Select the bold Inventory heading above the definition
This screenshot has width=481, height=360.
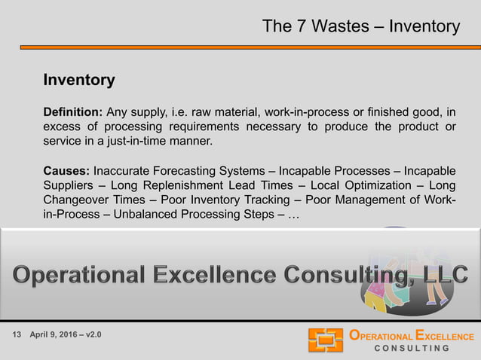click(x=79, y=80)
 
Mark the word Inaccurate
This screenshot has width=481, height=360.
click(x=122, y=171)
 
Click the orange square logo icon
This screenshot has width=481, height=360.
click(x=325, y=340)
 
